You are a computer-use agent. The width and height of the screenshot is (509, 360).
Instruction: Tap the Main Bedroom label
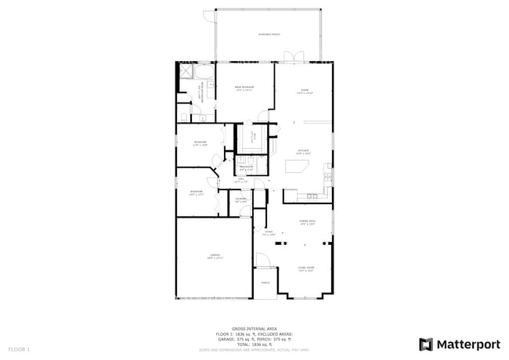pos(245,88)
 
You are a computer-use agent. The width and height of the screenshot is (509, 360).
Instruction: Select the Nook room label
pos(305,92)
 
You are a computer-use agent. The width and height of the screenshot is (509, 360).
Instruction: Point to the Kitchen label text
pos(303,152)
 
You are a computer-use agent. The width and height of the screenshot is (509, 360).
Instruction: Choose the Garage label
pos(215,256)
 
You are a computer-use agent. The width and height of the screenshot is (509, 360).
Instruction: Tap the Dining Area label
pos(307,223)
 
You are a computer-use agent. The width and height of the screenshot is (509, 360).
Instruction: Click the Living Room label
pos(305,269)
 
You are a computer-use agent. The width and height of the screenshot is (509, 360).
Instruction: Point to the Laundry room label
pos(242,200)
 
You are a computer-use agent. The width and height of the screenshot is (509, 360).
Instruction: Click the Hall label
pos(242,180)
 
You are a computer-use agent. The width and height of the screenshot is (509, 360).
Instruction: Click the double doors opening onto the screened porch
pos(292,56)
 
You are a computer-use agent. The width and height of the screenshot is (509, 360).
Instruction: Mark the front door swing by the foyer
pos(262,263)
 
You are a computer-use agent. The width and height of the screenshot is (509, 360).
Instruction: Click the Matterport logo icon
pos(426,344)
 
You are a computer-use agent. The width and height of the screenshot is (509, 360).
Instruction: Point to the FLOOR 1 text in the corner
pos(19,348)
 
